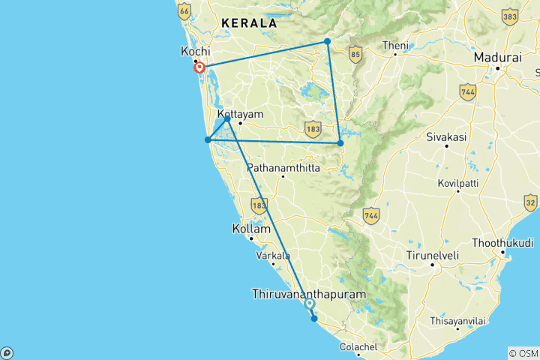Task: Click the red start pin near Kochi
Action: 199,68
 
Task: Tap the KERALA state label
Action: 248,23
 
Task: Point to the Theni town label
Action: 394,45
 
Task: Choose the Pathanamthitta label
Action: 283,168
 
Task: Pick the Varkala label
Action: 273,256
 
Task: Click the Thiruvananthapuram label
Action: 310,294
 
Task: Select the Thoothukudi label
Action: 502,244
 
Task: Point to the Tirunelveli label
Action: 432,255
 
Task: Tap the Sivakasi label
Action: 446,137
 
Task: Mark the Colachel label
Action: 358,346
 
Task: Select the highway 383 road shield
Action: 510,16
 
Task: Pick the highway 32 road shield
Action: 530,202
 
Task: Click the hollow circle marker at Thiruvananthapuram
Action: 309,303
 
